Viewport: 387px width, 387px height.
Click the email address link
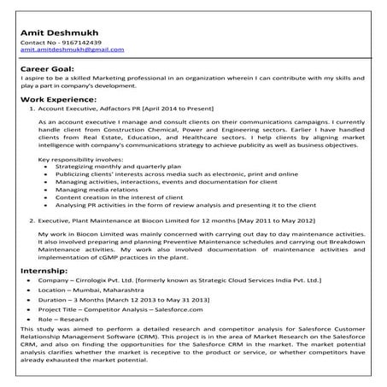72,50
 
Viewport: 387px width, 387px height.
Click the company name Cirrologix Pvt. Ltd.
108,280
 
